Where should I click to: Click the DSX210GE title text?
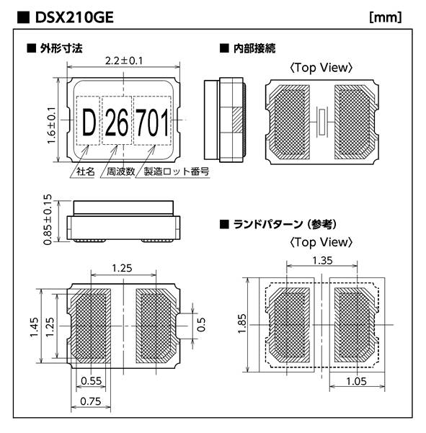tap(74, 18)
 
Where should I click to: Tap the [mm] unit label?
tap(386, 17)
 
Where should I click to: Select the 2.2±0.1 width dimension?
tap(124, 61)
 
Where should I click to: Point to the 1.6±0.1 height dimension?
tap(51, 125)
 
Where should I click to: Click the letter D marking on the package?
tap(89, 122)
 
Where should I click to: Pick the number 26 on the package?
tap(117, 122)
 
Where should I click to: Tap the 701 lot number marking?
tap(152, 122)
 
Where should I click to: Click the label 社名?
tap(86, 171)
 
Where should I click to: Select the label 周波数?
tap(120, 171)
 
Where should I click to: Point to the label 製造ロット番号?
tap(177, 171)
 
